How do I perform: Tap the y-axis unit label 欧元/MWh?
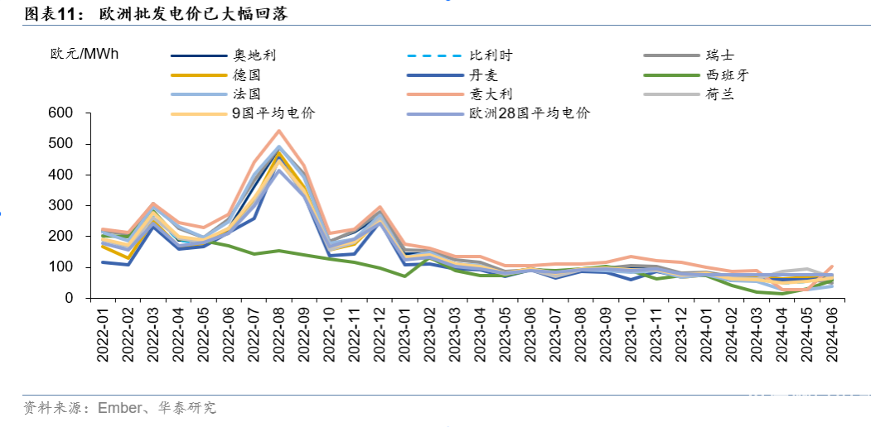85,55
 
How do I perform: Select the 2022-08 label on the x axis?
278,333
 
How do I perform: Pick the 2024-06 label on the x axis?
832,333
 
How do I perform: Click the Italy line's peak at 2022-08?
278,131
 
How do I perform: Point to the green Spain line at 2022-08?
278,251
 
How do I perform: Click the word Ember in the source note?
119,407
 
